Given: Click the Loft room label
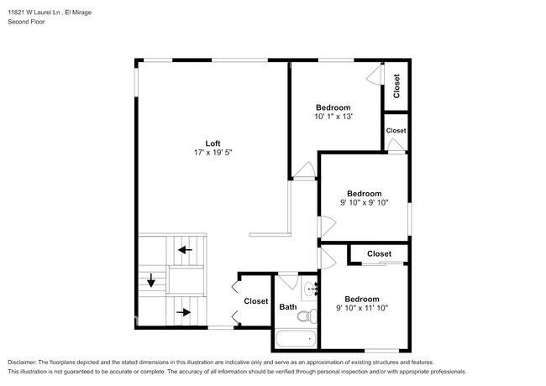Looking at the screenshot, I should coord(213,143).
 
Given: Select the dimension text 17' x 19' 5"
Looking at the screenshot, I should coord(213,153).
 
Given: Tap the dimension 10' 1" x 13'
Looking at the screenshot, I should coord(333,117).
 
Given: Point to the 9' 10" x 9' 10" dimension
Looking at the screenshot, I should coord(365,203).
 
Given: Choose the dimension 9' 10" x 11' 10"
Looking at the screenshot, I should coord(362,309).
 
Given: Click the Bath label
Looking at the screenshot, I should coord(288,307).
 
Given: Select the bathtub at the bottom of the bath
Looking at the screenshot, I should coord(297,340).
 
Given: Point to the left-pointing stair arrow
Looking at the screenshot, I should coord(184,250).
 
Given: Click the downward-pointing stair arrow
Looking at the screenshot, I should coord(151,281).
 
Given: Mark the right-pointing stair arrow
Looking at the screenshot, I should coord(184,313).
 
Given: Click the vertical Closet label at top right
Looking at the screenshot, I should coord(396,86).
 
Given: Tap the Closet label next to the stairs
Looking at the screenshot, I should coord(256,301).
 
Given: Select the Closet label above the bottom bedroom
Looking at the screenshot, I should coord(379,253).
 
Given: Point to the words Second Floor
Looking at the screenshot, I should coord(27,22).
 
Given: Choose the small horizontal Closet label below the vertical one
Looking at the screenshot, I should coord(396,131).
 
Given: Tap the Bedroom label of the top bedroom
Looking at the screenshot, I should coord(333,107).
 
